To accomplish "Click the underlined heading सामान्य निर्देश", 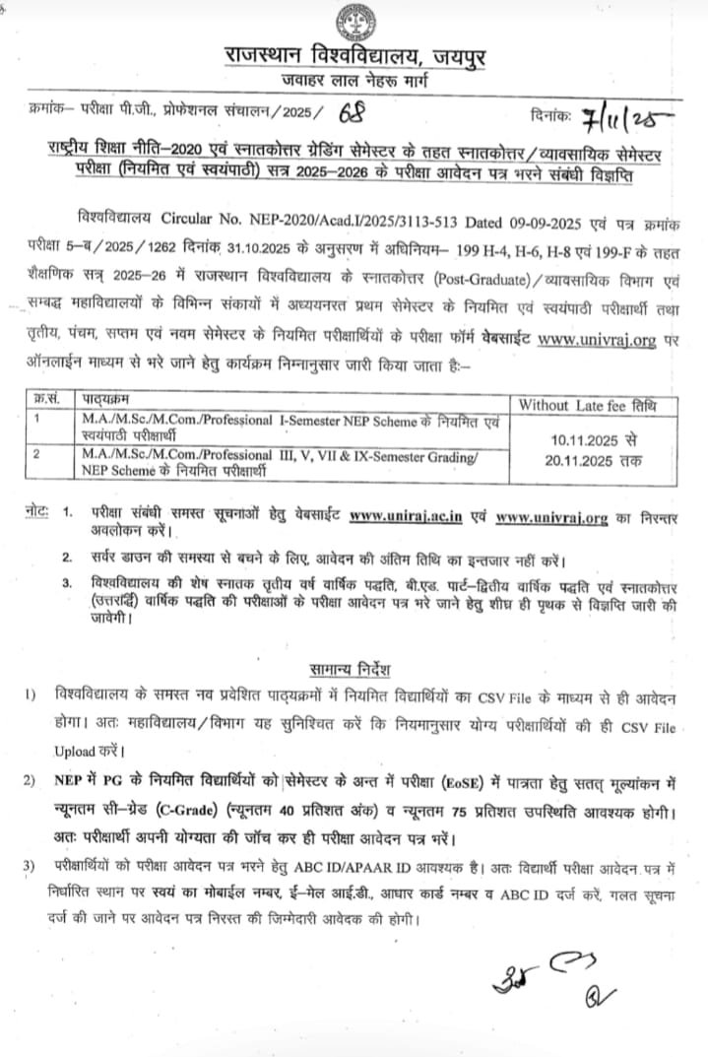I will tap(353, 670).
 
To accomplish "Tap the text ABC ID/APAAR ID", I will tap(369, 868).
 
